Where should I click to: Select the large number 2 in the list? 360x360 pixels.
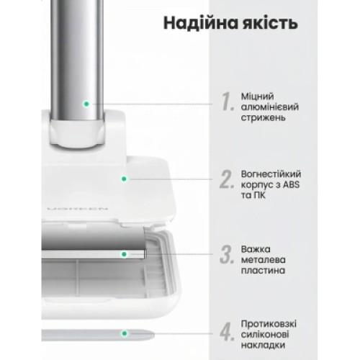click(x=228, y=179)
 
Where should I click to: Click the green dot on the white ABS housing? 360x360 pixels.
click(x=124, y=179)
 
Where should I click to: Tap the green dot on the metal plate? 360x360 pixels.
click(x=124, y=255)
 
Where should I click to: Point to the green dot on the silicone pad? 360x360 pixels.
click(x=124, y=333)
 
